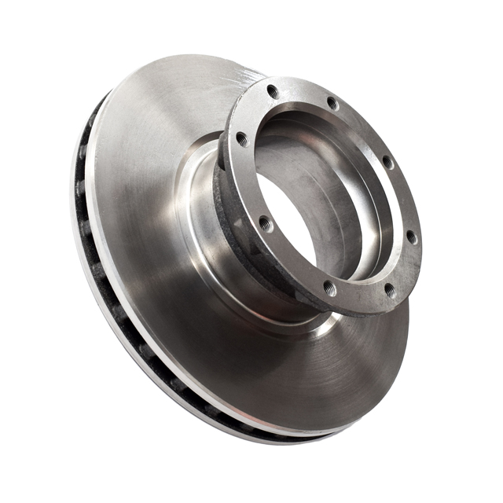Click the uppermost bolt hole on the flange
(x=273, y=91)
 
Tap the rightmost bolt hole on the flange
(x=411, y=237)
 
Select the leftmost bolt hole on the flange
(x=241, y=139)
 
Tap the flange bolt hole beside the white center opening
(x=265, y=222)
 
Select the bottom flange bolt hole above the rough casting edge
(x=330, y=289)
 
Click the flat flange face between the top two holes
(x=303, y=93)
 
